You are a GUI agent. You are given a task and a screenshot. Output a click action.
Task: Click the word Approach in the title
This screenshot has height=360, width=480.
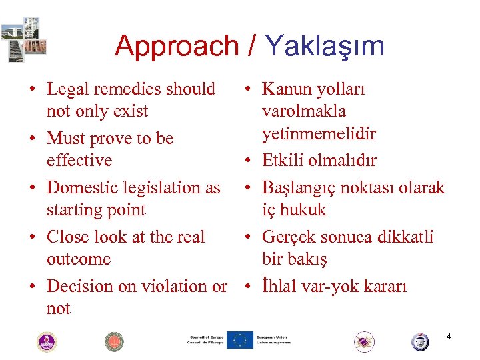click(176, 47)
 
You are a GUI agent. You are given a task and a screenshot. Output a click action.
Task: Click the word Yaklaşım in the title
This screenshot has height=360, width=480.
click(325, 47)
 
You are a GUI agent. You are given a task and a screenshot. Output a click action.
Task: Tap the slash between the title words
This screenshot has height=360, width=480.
click(252, 47)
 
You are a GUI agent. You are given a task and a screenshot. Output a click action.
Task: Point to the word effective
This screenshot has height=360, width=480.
click(79, 161)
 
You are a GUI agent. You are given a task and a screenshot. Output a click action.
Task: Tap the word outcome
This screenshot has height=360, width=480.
click(79, 259)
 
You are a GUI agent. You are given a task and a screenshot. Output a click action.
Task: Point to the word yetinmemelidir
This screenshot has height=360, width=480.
click(319, 134)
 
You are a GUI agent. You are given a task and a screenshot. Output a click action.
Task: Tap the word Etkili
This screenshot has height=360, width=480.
click(283, 161)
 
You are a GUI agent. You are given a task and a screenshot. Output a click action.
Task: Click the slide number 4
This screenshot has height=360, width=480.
click(449, 337)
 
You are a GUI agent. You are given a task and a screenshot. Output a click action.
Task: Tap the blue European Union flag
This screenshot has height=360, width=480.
click(240, 340)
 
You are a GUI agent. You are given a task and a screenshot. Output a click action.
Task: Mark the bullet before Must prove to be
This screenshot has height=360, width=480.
click(31, 139)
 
